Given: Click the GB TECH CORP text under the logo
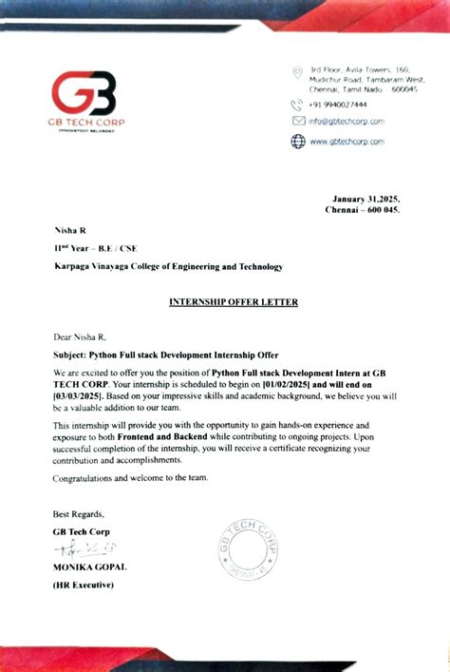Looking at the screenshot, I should coord(88,122).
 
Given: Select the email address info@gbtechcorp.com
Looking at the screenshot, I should coord(346,122).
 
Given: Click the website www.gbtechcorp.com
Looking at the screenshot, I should coord(347,141).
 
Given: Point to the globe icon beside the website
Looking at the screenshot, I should coord(297,141).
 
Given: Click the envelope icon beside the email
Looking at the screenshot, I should coord(297,122).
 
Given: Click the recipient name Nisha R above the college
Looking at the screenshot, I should coord(69,231).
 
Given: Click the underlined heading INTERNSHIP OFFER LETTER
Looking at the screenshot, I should coord(233,302).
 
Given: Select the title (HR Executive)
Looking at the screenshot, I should coord(84,585).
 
